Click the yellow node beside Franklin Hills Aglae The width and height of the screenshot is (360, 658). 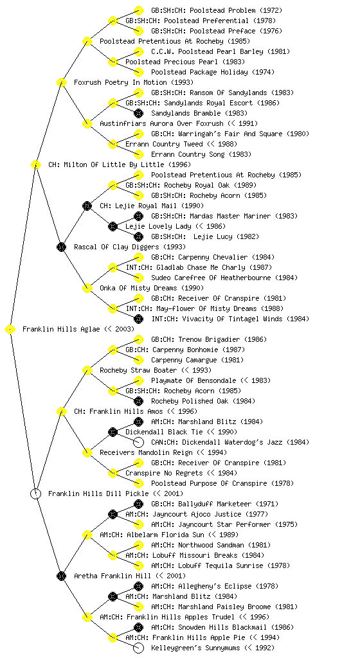[x=10, y=330]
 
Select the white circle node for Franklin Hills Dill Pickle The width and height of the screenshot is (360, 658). [x=35, y=494]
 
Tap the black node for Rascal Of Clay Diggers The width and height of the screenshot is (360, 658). [x=61, y=247]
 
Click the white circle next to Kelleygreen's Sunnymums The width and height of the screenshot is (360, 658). [x=138, y=648]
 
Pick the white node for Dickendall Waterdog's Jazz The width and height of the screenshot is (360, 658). [x=138, y=443]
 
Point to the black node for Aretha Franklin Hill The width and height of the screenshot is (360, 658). [x=61, y=576]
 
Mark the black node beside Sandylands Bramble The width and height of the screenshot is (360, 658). [x=138, y=113]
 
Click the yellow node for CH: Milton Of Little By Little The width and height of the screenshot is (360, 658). [x=35, y=165]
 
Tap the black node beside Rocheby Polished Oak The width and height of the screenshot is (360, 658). [x=138, y=401]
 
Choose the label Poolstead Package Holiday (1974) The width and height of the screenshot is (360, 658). [x=213, y=72]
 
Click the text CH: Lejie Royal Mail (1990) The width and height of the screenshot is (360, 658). [x=152, y=206]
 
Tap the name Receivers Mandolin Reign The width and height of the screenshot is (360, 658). [x=146, y=453]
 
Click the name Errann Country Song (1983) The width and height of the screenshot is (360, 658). [x=201, y=154]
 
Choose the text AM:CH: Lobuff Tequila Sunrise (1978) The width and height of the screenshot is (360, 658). [x=221, y=565]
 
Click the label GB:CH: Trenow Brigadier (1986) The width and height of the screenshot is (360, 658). [x=209, y=339]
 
